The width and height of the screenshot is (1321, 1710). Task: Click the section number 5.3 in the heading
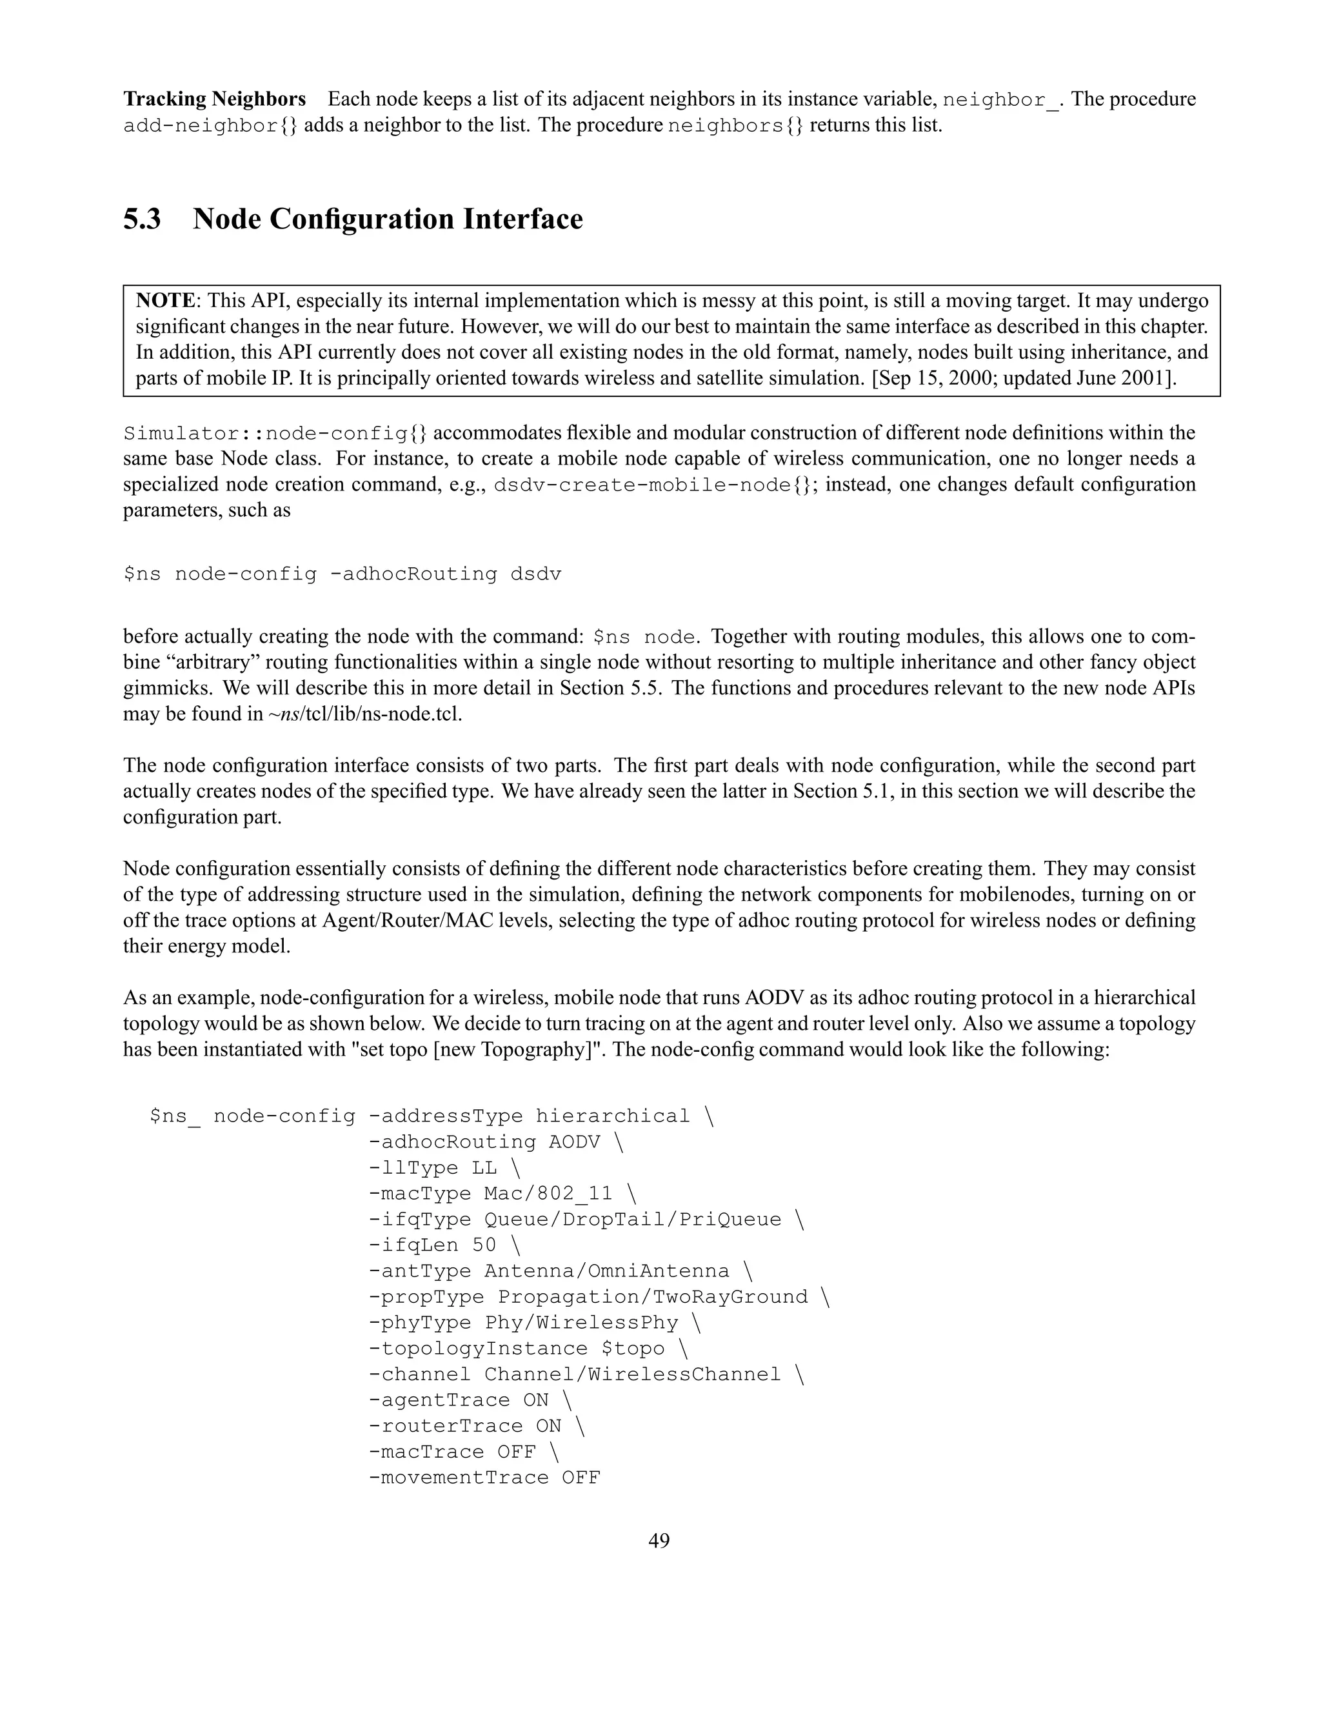click(x=142, y=219)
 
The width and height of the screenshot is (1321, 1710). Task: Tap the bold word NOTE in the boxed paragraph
click(x=165, y=301)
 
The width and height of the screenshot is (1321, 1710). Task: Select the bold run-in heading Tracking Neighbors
click(x=214, y=99)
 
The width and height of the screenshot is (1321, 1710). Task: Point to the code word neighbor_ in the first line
click(x=1001, y=100)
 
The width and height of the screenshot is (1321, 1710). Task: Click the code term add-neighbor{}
click(x=210, y=126)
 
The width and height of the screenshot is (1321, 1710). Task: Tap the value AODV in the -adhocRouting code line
click(x=573, y=1142)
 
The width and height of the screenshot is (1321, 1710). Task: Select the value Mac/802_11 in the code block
click(x=548, y=1193)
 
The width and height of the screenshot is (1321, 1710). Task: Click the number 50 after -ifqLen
click(x=484, y=1245)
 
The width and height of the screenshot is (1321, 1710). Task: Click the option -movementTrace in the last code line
click(x=458, y=1478)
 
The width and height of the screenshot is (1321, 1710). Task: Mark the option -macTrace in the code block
click(x=426, y=1452)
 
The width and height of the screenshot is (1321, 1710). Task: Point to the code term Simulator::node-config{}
click(x=275, y=433)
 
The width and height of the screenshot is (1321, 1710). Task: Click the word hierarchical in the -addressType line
click(x=613, y=1116)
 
